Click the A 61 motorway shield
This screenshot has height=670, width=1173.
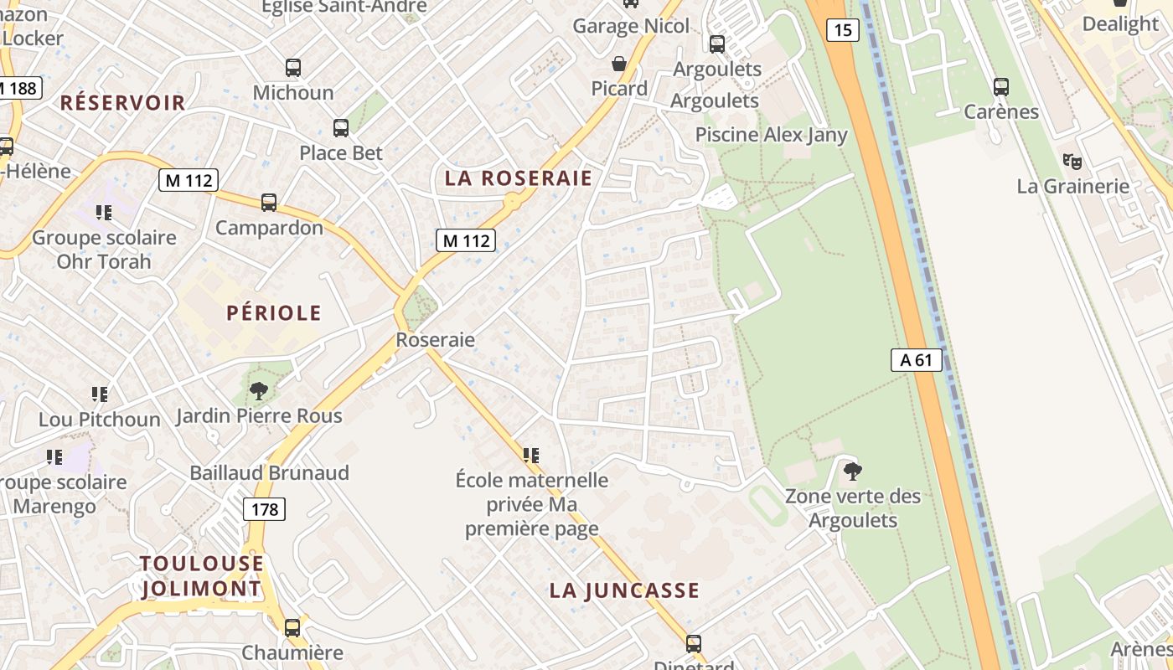pyautogui.click(x=916, y=360)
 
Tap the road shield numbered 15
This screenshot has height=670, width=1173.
pyautogui.click(x=842, y=31)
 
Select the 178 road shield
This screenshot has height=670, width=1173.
pyautogui.click(x=264, y=508)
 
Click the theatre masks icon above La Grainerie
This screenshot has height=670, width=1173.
pyautogui.click(x=1072, y=162)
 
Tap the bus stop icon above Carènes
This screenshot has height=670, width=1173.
pyautogui.click(x=1000, y=86)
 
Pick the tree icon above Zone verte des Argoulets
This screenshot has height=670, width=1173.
pyautogui.click(x=852, y=472)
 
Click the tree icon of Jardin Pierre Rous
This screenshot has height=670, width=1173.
pyautogui.click(x=258, y=390)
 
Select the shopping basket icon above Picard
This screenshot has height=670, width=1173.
pyautogui.click(x=619, y=64)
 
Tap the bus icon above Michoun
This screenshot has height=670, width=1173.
pyautogui.click(x=292, y=68)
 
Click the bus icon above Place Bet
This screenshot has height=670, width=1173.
pyautogui.click(x=340, y=128)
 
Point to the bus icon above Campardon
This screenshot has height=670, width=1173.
pyautogui.click(x=268, y=203)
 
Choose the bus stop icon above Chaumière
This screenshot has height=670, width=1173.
pyautogui.click(x=292, y=627)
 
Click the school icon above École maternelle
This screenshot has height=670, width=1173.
pyautogui.click(x=530, y=455)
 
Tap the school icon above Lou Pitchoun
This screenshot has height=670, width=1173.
pyautogui.click(x=99, y=394)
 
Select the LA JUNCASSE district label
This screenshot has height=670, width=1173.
pyautogui.click(x=624, y=590)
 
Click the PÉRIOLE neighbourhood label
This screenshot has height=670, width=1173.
pyautogui.click(x=274, y=313)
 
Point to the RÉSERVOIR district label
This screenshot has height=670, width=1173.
pyautogui.click(x=122, y=103)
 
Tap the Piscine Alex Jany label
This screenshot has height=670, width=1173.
pyautogui.click(x=771, y=135)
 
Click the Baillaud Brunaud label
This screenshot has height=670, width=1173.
pyautogui.click(x=269, y=473)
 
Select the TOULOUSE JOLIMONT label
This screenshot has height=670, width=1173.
pyautogui.click(x=201, y=575)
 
